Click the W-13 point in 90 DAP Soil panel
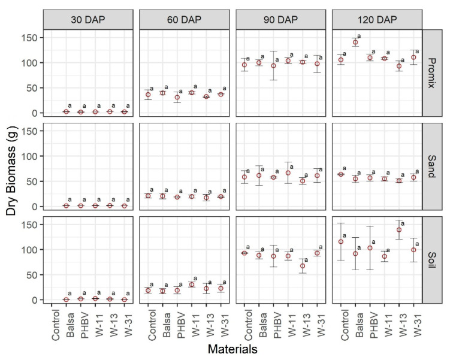pos(303,266)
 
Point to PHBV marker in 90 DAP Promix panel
pos(273,66)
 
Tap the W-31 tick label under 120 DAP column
pos(413,322)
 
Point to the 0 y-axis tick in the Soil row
pos(36,300)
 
